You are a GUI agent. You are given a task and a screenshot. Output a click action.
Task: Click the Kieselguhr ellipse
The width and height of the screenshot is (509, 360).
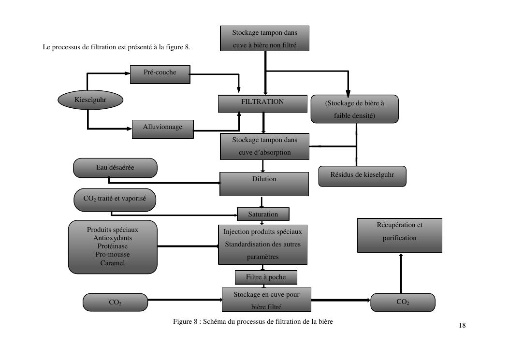[x=90, y=100]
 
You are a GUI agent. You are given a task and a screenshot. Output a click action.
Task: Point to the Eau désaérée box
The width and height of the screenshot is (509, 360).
[x=115, y=168]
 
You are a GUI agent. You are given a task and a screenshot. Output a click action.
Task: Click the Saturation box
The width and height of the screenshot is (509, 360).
[x=263, y=214]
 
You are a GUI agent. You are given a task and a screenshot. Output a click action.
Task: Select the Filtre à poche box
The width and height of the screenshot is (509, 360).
[x=265, y=277]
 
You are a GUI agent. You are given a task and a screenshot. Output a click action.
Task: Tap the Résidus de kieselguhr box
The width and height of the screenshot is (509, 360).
[x=362, y=176]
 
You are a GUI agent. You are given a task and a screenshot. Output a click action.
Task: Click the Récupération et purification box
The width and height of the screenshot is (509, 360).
[x=399, y=235]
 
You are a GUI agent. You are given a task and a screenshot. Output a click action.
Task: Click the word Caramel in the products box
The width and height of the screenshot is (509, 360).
[x=113, y=263]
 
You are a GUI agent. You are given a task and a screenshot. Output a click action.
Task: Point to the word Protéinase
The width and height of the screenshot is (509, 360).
[x=113, y=246]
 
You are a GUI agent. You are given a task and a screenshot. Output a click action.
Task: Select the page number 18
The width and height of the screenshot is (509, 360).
[x=462, y=325]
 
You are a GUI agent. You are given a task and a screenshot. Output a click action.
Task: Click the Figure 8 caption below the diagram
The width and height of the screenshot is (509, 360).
[x=253, y=321]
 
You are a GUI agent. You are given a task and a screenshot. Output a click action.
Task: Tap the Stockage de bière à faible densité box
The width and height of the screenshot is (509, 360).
[x=355, y=109]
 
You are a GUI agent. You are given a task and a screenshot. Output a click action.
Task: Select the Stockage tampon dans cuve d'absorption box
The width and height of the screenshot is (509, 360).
[x=264, y=146]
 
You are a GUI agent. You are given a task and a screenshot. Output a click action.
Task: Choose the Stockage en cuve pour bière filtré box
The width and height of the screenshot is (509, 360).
[x=266, y=300]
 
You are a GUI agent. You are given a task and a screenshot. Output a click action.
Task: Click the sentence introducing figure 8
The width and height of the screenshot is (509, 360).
[x=116, y=47]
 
